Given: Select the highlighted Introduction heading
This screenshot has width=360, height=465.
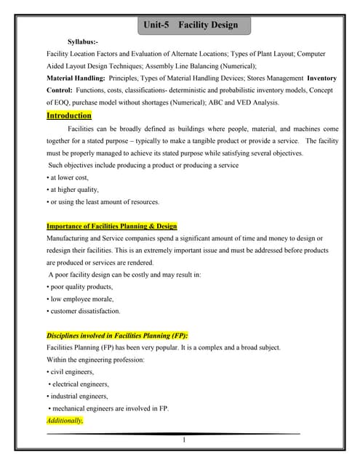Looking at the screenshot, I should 69,116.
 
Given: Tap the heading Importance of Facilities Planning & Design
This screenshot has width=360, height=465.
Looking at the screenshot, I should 111,226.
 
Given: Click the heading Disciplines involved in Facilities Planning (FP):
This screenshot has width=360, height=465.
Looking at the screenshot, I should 117,336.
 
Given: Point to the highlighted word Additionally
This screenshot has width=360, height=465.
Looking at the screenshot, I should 65,421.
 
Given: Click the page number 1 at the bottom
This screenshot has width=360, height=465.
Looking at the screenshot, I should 185,440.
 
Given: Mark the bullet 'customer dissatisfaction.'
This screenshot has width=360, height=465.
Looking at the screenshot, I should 84,311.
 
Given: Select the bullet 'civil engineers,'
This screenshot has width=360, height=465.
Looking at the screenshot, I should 71,372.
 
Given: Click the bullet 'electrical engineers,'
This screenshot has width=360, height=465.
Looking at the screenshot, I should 79,384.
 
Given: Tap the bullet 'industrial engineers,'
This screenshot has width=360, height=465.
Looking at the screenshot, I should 79,396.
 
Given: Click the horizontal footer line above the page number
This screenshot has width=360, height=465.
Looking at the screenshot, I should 175,434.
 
